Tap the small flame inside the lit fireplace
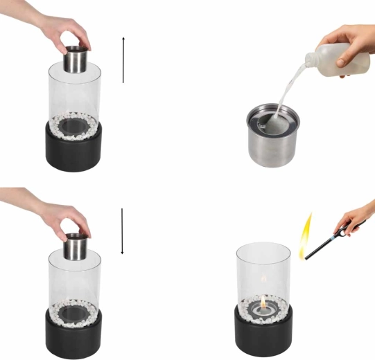click(x=263, y=300)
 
